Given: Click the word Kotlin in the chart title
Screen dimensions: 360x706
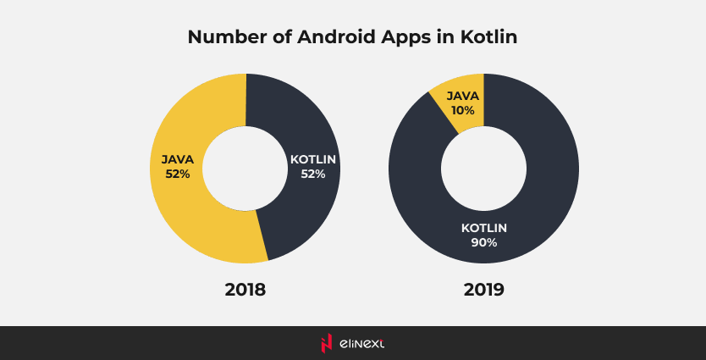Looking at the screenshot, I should pos(488,38).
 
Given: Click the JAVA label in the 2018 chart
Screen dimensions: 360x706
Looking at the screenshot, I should pos(178,158).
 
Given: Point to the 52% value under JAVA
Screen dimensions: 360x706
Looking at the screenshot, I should pos(178,174).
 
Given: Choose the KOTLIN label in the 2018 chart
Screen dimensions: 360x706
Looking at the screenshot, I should pos(314,158).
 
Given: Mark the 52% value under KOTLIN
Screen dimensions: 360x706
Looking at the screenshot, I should pos(314,174).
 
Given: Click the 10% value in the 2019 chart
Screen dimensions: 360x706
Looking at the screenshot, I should pos(463,111).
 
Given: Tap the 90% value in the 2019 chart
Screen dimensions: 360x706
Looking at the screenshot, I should pos(484,242).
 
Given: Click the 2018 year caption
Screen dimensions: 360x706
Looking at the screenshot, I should pos(245,290).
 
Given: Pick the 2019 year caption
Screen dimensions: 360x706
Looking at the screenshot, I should pos(484,290).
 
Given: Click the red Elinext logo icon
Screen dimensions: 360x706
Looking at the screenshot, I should pos(326,343).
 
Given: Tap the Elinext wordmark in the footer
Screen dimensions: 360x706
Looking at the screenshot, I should pos(362,343).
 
